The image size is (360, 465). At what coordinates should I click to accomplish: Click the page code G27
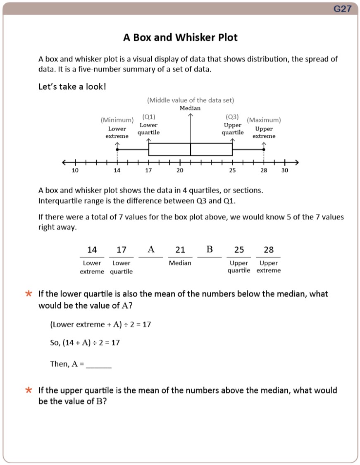coord(343,9)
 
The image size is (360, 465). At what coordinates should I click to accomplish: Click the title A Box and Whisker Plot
coord(180,38)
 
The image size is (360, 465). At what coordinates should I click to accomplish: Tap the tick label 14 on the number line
coord(117,170)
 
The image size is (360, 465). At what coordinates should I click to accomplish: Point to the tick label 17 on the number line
coord(148,170)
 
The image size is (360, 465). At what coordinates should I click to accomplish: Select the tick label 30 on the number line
coord(285,170)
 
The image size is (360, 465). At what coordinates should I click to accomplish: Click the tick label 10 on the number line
coord(75,170)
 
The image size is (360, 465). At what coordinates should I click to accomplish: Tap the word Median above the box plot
coord(190,108)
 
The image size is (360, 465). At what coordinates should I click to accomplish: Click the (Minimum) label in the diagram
coord(117,120)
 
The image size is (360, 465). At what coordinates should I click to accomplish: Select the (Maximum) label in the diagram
coord(264,120)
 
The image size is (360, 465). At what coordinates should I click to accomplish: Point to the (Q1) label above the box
coord(148,117)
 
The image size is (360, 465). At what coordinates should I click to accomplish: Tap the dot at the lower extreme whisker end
coord(117,150)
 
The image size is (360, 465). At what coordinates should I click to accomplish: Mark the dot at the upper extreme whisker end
coord(264,150)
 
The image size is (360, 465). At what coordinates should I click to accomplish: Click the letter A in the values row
coord(151,249)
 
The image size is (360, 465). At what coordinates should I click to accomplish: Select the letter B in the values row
coord(210,249)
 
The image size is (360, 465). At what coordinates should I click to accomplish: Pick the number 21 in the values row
coord(180,250)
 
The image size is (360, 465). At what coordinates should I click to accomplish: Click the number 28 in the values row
coord(269,250)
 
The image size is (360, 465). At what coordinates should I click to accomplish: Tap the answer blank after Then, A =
coord(99,365)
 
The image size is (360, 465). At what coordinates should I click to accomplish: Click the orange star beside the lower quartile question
coord(29,294)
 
